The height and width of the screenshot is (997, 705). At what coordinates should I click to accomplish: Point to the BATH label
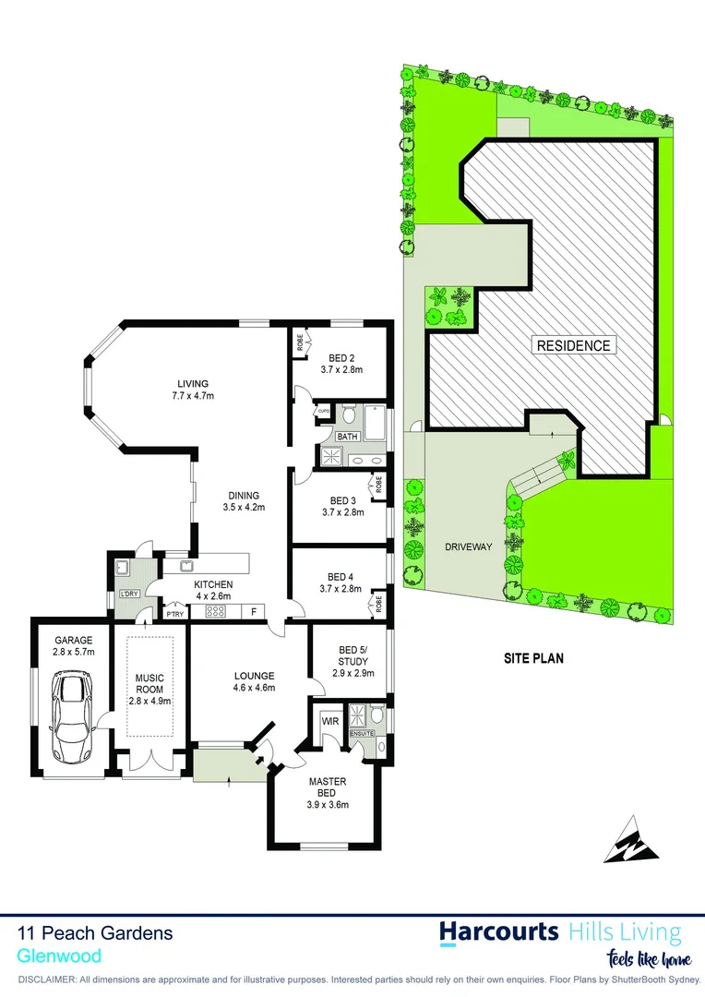point(347,436)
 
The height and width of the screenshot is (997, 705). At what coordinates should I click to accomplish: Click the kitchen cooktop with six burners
point(216,611)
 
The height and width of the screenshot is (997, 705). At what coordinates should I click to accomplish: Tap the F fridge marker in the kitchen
point(254,611)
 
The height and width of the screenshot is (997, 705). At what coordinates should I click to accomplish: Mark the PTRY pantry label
point(173,613)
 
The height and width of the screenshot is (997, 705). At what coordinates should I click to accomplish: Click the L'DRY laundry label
point(129,594)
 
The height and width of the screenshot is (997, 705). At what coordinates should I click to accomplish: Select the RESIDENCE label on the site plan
point(572,345)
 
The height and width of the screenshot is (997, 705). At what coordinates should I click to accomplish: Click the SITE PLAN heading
point(533,659)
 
